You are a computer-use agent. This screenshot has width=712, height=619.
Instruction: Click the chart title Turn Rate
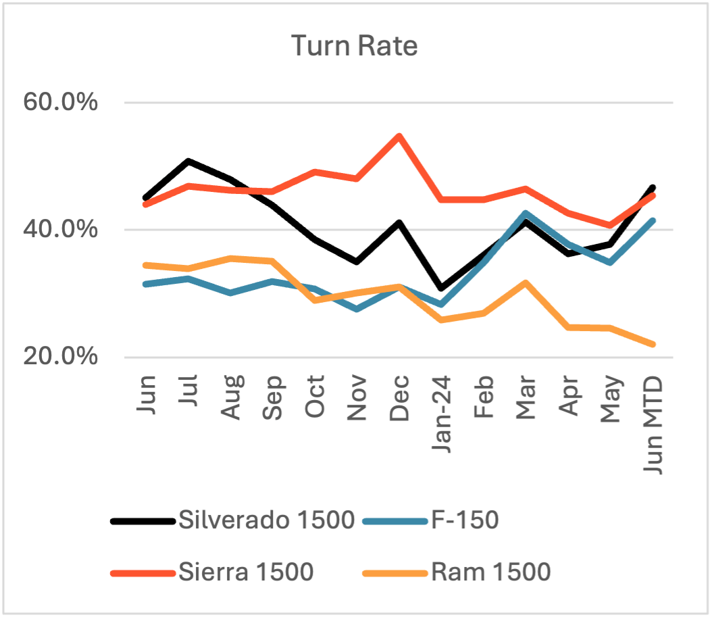tap(355, 46)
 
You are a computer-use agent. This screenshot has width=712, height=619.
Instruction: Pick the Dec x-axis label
tap(399, 403)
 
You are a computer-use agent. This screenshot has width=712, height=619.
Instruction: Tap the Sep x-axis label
tap(273, 403)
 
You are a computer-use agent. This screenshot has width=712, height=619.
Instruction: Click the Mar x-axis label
tap(526, 403)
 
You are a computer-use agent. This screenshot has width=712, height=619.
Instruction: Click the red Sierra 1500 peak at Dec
tap(399, 136)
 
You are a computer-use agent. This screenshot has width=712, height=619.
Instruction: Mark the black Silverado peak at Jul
tap(188, 162)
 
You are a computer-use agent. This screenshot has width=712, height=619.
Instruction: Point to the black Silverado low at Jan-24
tap(441, 288)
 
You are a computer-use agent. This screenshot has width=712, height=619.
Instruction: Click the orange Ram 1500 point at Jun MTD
tap(652, 345)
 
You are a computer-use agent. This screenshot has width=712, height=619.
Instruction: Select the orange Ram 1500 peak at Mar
tap(526, 282)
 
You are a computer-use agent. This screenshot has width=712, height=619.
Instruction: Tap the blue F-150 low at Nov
tap(357, 309)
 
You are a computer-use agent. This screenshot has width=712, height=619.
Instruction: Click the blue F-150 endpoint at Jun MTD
tap(652, 220)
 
